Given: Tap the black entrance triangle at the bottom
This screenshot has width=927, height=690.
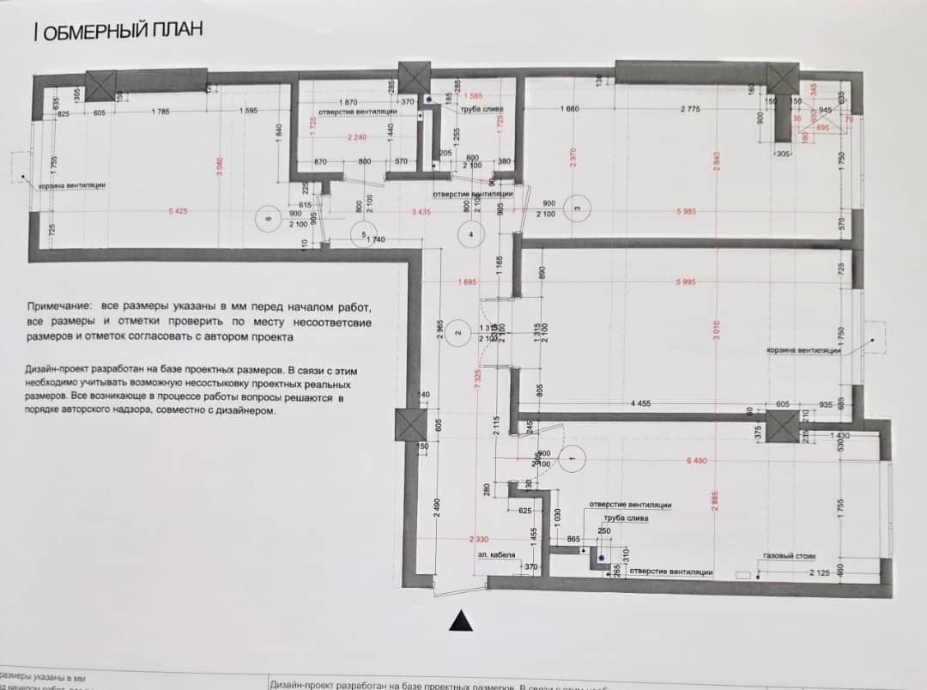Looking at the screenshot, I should pyautogui.click(x=462, y=620).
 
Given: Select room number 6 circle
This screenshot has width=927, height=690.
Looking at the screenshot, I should pyautogui.click(x=268, y=220).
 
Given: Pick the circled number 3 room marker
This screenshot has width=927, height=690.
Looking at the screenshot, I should pyautogui.click(x=579, y=208).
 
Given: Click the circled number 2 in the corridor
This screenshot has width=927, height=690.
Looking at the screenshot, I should pyautogui.click(x=458, y=333).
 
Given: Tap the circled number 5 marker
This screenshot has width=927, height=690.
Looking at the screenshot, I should pyautogui.click(x=364, y=234).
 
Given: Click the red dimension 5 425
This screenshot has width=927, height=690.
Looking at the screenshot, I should pyautogui.click(x=179, y=211).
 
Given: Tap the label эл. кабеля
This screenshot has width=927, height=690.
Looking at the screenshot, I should pyautogui.click(x=497, y=555).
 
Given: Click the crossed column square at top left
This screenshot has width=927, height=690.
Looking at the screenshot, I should pyautogui.click(x=101, y=86).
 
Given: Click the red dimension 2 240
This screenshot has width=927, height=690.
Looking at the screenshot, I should pyautogui.click(x=357, y=137).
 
